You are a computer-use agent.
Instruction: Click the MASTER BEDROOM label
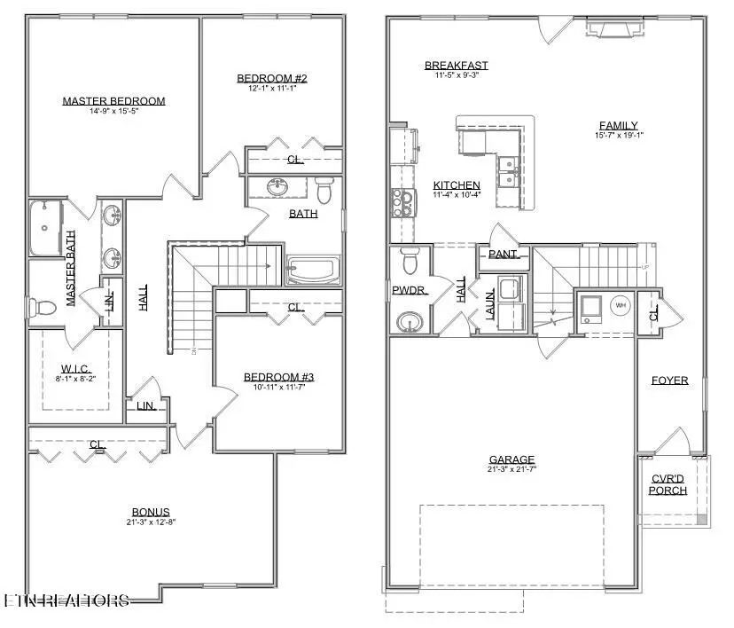113,101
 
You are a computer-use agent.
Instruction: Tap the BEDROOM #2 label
272,79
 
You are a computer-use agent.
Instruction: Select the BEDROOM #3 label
279,377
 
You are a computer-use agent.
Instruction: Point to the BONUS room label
151,512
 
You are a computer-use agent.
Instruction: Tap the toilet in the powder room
410,262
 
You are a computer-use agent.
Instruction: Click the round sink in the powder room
410,320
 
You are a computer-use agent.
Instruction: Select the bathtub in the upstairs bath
313,270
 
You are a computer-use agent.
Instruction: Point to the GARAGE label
511,459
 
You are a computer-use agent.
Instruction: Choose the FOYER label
670,381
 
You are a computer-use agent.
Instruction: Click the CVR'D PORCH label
668,484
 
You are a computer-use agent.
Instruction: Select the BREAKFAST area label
457,66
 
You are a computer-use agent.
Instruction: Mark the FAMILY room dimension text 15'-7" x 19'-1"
619,136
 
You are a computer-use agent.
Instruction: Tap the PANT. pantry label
503,255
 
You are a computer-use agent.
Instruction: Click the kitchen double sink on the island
508,172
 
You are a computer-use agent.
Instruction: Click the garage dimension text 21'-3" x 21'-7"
511,471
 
